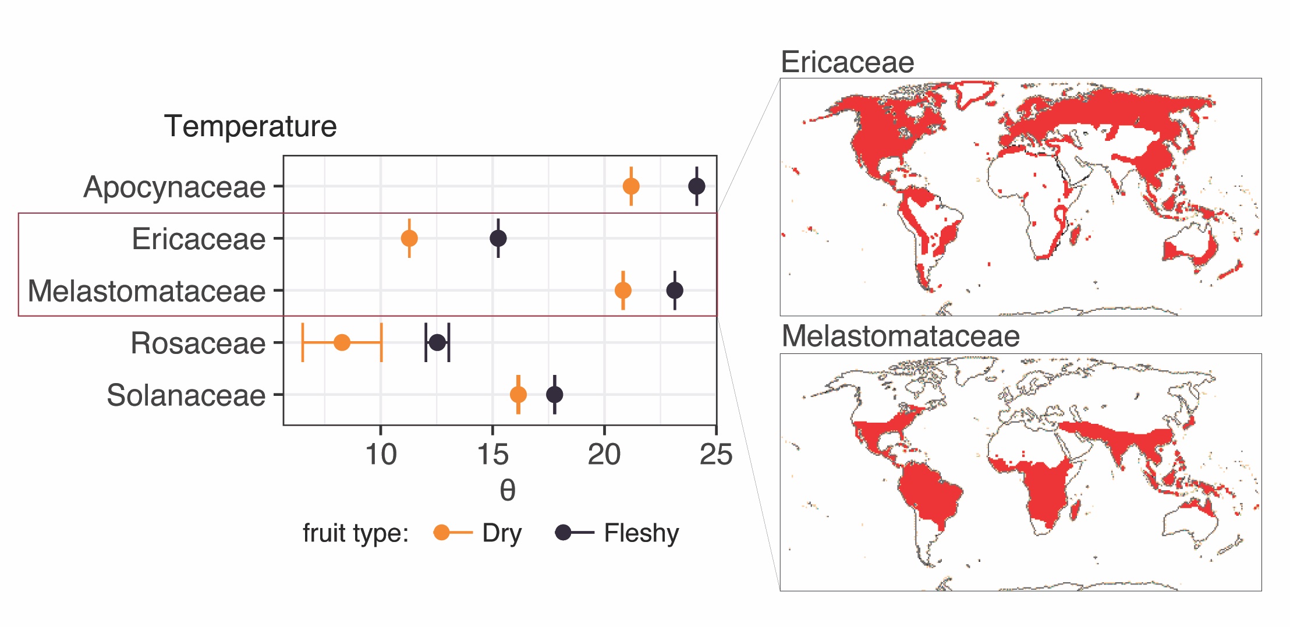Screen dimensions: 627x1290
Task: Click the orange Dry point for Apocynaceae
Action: point(631,186)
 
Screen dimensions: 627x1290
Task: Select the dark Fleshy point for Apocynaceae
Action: point(696,186)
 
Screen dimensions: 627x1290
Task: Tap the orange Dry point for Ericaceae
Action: point(409,238)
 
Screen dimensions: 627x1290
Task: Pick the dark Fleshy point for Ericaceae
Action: point(498,238)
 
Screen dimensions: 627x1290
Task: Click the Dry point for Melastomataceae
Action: point(623,290)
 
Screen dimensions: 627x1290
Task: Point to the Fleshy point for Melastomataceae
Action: point(675,290)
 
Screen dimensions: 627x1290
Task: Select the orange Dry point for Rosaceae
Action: point(342,342)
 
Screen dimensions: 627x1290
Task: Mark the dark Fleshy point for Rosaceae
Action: point(437,342)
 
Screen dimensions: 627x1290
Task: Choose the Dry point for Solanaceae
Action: point(518,395)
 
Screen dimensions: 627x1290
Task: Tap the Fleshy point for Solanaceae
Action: point(555,395)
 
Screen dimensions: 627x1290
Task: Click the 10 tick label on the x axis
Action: point(381,455)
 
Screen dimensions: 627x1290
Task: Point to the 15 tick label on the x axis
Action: point(492,455)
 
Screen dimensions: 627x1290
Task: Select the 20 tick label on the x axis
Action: point(604,455)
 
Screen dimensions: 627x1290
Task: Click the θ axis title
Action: point(507,490)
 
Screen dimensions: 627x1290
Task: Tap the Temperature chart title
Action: point(250,126)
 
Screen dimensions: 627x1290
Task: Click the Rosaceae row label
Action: point(198,343)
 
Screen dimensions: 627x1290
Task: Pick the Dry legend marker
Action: point(442,532)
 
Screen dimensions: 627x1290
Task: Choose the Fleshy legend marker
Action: point(563,532)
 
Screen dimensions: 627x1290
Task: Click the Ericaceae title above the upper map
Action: point(847,62)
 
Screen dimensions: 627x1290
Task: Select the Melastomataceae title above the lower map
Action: point(900,336)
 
